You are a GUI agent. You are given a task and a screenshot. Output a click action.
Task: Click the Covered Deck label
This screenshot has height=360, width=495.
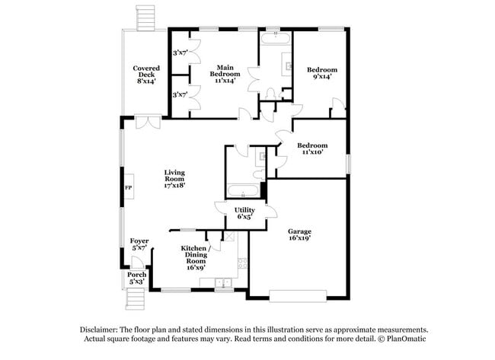point(145,75)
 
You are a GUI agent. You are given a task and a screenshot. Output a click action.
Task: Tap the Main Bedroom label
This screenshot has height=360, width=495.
point(224,73)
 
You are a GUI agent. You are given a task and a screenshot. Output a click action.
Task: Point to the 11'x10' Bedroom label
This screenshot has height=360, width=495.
point(312,148)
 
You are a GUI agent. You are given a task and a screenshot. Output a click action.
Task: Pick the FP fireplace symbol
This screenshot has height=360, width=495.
point(127,187)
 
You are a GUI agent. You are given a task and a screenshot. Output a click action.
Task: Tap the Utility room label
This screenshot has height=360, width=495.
point(244,213)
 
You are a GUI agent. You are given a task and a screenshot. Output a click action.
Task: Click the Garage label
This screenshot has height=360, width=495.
point(299,234)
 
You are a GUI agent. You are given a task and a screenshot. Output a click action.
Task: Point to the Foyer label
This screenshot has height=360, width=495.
point(139,244)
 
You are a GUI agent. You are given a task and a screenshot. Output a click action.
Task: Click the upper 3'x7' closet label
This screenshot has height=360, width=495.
point(180,53)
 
